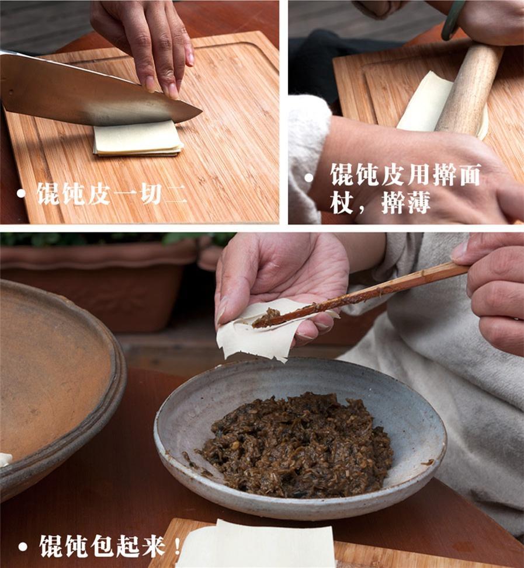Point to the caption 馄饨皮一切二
point(112,193)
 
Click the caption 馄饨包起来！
point(111,546)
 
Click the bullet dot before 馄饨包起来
point(23,548)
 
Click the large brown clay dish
point(53,374)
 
